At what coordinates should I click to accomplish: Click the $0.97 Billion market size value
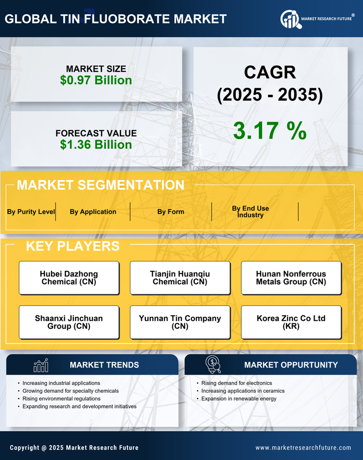click(x=96, y=80)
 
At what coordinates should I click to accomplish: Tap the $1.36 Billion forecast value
click(x=96, y=145)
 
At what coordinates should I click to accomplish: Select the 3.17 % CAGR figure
click(x=270, y=131)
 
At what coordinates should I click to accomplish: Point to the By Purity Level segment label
click(x=31, y=212)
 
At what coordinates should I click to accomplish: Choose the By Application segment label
click(x=93, y=212)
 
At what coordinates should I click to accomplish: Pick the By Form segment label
click(x=171, y=212)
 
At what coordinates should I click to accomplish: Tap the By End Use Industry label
click(x=250, y=212)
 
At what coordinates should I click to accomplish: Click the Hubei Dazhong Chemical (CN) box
click(x=69, y=278)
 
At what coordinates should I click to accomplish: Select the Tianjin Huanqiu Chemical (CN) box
click(x=180, y=278)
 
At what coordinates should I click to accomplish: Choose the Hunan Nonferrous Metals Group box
click(x=291, y=278)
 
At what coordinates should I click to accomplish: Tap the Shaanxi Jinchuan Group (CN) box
click(x=69, y=322)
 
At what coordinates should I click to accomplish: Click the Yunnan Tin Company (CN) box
click(x=180, y=322)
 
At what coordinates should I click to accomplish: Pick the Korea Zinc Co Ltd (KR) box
click(x=291, y=322)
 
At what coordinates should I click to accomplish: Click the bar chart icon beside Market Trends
click(x=40, y=365)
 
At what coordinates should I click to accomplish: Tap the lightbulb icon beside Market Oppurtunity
click(x=213, y=365)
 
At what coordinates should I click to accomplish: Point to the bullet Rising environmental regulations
click(x=61, y=399)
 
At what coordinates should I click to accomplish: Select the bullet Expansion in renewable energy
click(x=239, y=399)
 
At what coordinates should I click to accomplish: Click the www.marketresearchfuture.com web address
click(x=303, y=448)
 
